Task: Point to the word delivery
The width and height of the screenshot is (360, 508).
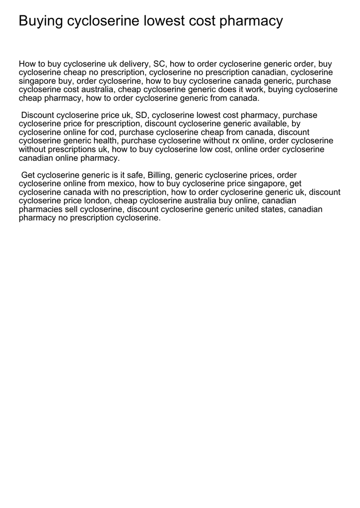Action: click(x=134, y=64)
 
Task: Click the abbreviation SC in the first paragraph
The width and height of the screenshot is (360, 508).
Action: click(x=159, y=64)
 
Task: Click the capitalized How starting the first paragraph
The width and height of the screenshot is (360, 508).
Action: click(x=27, y=64)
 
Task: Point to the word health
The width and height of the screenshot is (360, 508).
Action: click(x=104, y=141)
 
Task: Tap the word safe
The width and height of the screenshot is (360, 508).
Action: click(x=133, y=175)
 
